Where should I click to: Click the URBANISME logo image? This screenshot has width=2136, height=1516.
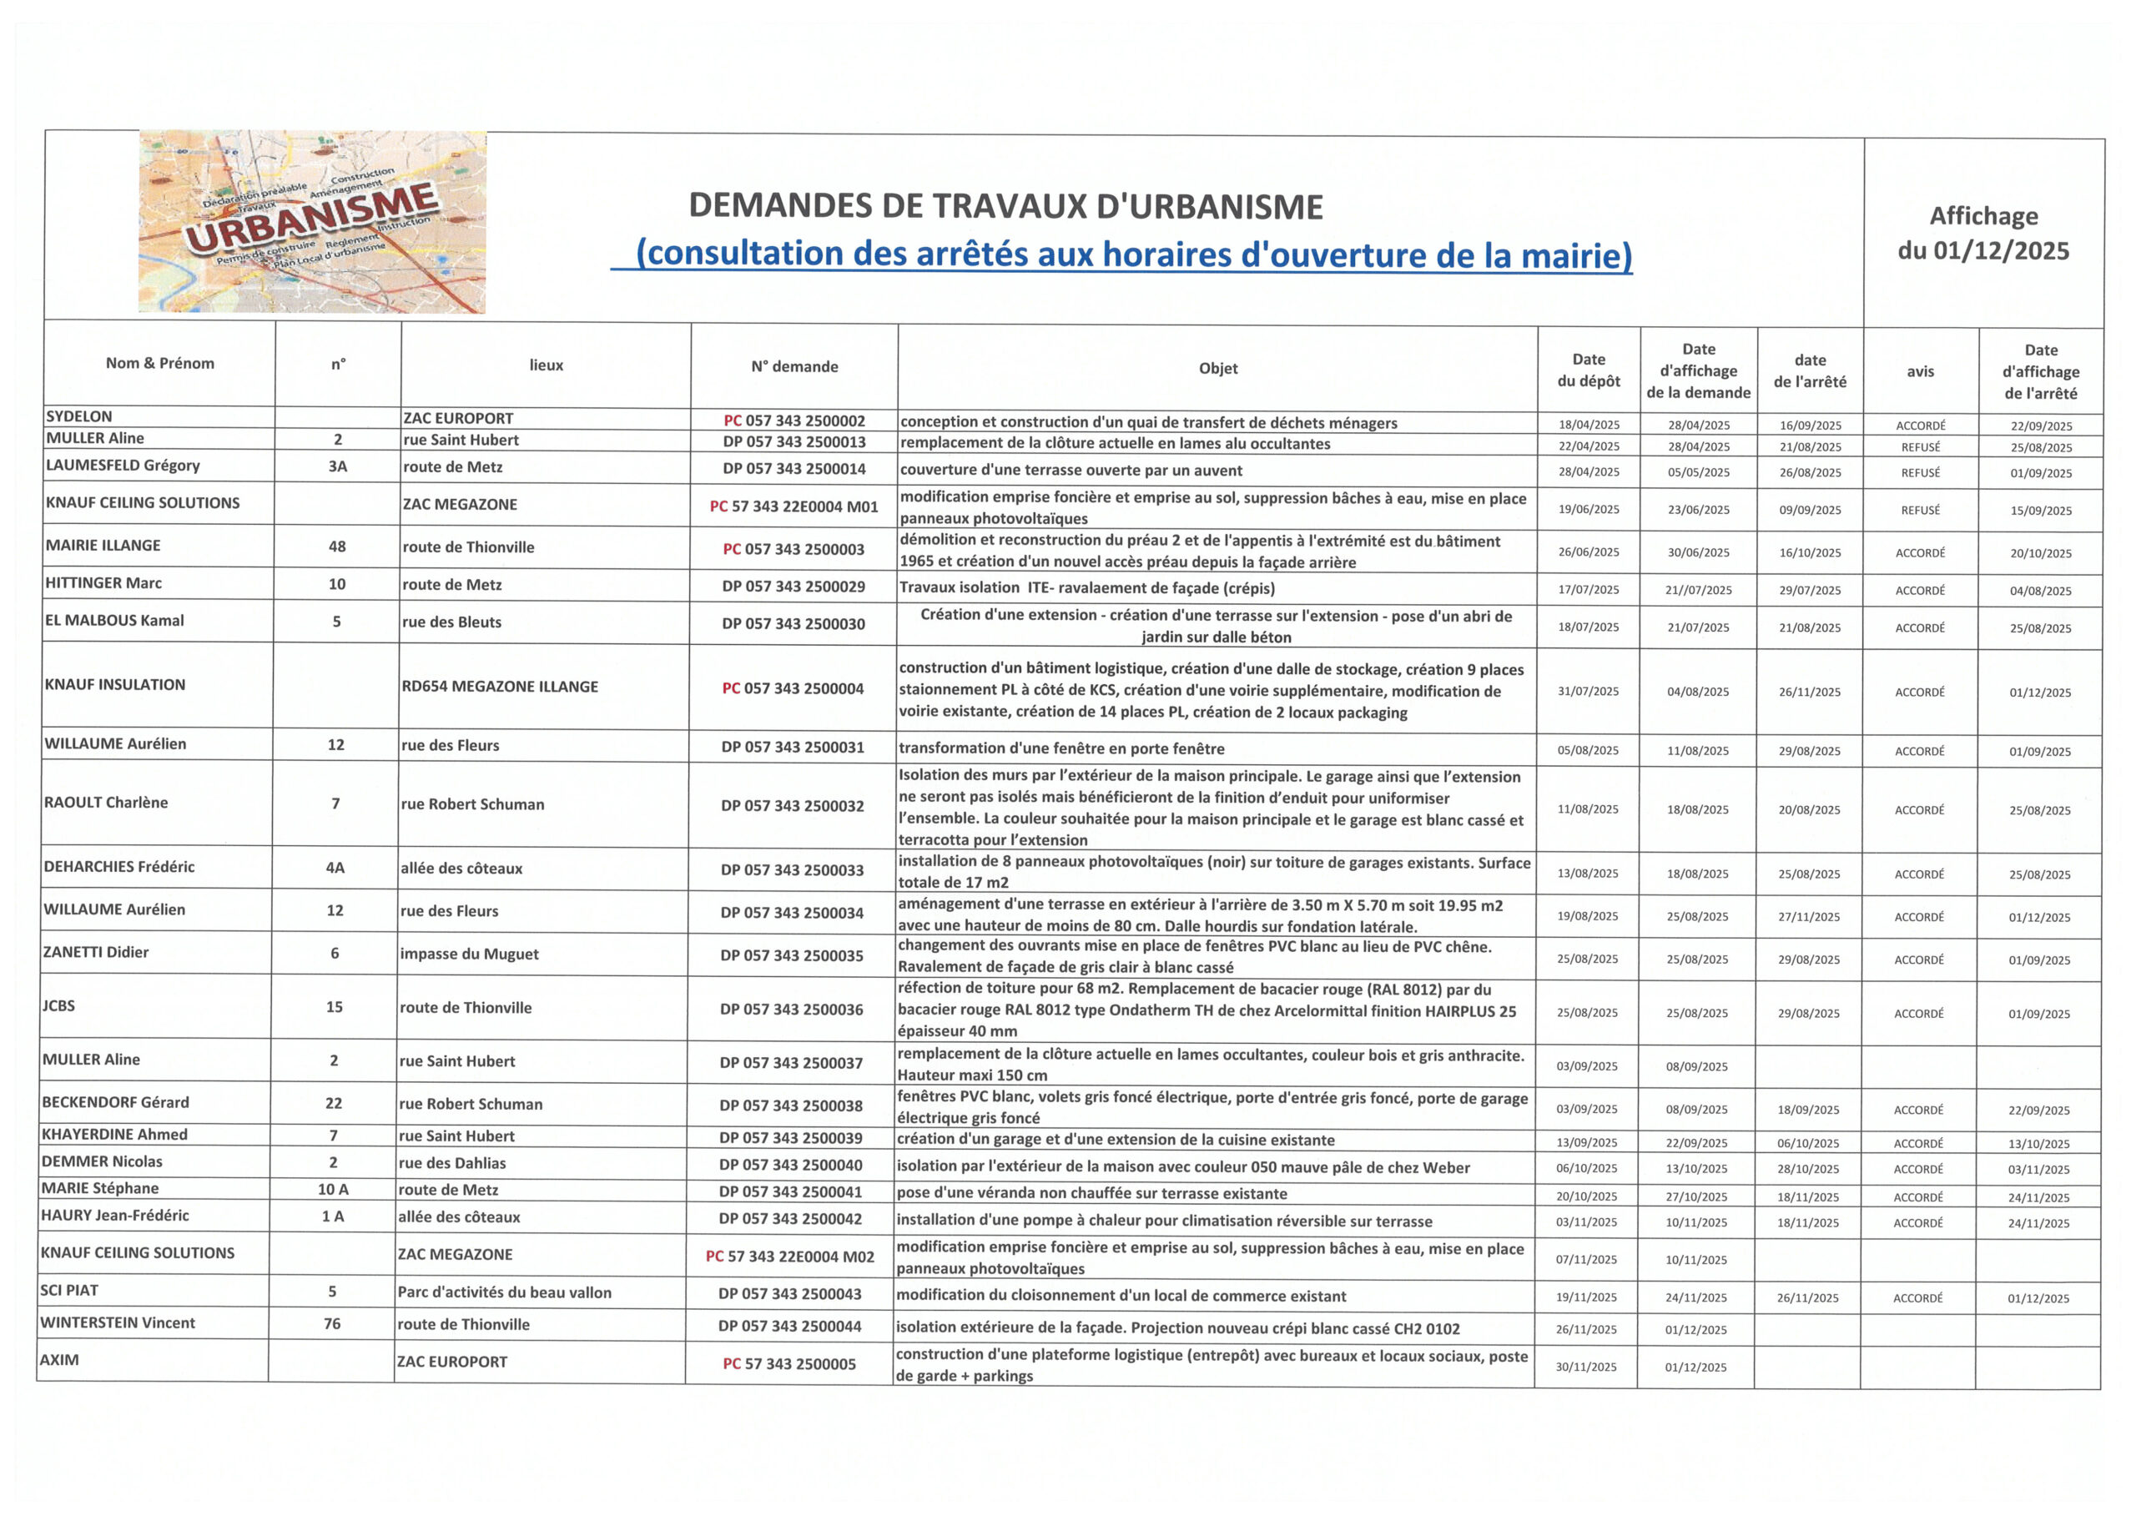[x=312, y=222]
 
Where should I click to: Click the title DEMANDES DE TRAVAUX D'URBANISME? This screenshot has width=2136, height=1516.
[x=1005, y=206]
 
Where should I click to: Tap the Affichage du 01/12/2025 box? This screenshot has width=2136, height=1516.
[x=1983, y=233]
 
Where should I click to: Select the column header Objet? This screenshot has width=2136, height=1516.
[x=1217, y=368]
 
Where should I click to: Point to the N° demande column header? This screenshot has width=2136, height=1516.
[x=793, y=367]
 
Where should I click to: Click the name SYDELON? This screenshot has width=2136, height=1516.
[x=79, y=416]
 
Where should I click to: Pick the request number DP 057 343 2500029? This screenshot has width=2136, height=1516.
[x=793, y=587]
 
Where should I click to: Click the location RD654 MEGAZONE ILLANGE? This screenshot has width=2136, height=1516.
[x=500, y=686]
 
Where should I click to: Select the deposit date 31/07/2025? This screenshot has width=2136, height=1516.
[x=1587, y=691]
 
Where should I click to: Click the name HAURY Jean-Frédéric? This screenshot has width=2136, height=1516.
[x=115, y=1216]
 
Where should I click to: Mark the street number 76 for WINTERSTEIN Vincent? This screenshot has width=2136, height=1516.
[x=332, y=1324]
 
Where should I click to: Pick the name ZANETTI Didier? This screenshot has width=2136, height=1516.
[x=96, y=952]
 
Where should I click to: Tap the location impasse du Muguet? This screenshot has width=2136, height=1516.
[x=469, y=954]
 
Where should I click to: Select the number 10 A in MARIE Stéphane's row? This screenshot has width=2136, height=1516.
[x=333, y=1189]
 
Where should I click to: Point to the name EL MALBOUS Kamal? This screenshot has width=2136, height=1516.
[x=114, y=620]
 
